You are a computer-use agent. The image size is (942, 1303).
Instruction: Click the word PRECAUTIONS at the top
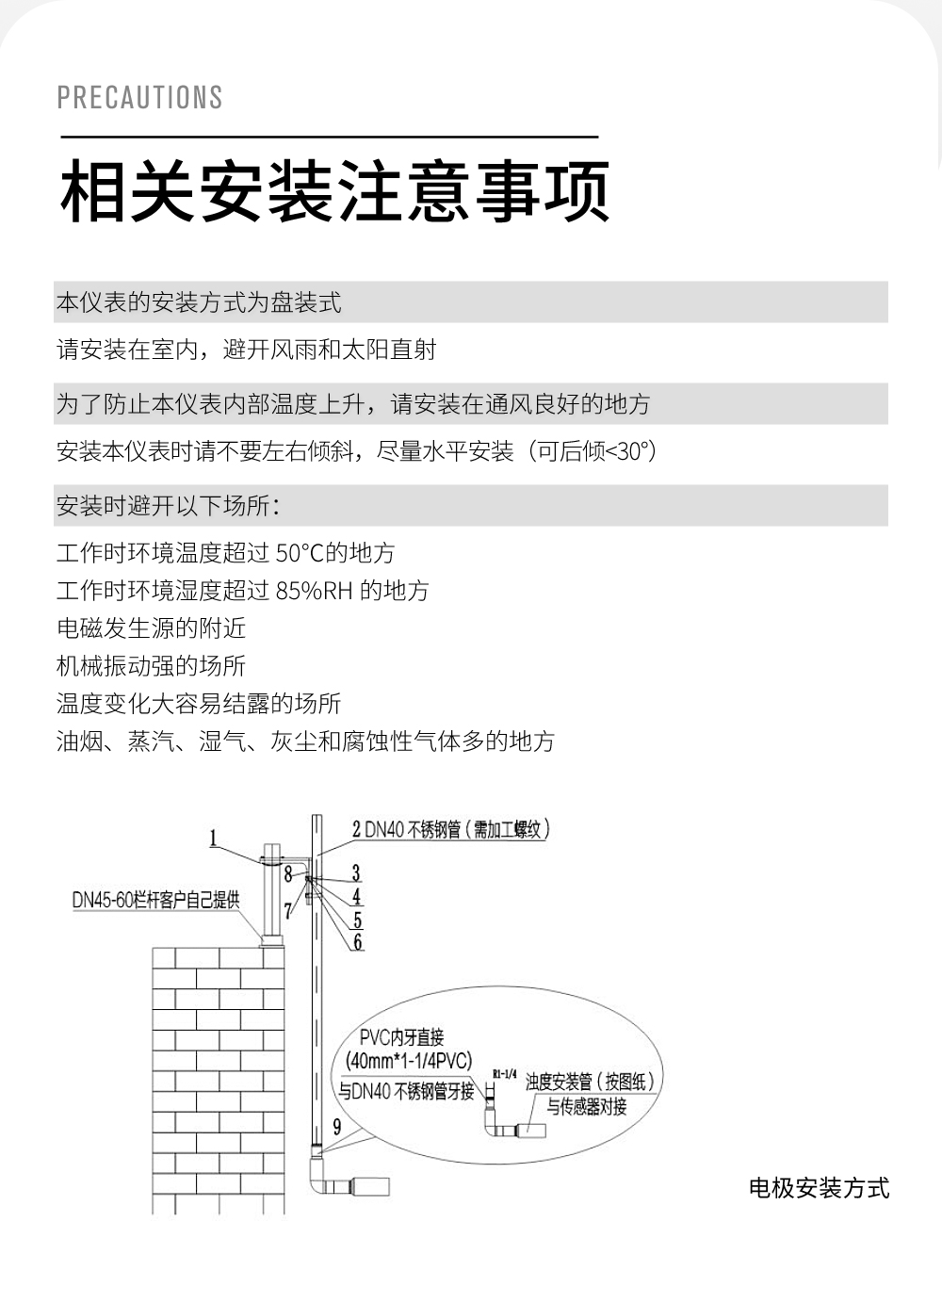(x=139, y=97)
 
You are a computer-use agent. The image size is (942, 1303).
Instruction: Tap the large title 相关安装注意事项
(x=334, y=192)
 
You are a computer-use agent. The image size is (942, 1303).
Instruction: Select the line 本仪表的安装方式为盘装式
(x=199, y=302)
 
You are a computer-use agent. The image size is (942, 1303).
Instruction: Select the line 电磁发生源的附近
(x=151, y=628)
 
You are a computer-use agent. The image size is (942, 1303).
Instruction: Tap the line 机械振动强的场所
(x=151, y=666)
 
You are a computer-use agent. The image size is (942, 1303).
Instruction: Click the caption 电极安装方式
(x=819, y=1188)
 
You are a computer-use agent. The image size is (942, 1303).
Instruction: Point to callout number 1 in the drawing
(x=213, y=839)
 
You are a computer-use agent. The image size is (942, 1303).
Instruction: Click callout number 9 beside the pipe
(x=337, y=1128)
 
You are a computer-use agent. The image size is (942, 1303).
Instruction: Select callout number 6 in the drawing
(x=358, y=942)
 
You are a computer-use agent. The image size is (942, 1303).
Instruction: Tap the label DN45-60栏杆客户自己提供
(x=155, y=900)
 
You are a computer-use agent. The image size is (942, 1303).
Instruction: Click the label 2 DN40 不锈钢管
(x=450, y=829)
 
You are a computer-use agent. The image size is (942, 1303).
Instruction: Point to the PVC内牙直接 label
(x=401, y=1038)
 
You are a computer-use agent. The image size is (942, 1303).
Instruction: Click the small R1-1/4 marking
(x=505, y=1074)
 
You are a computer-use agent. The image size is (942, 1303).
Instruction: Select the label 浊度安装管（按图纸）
(x=590, y=1082)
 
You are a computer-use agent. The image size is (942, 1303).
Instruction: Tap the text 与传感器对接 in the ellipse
(x=587, y=1106)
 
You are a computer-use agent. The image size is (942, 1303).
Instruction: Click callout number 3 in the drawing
(x=356, y=873)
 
